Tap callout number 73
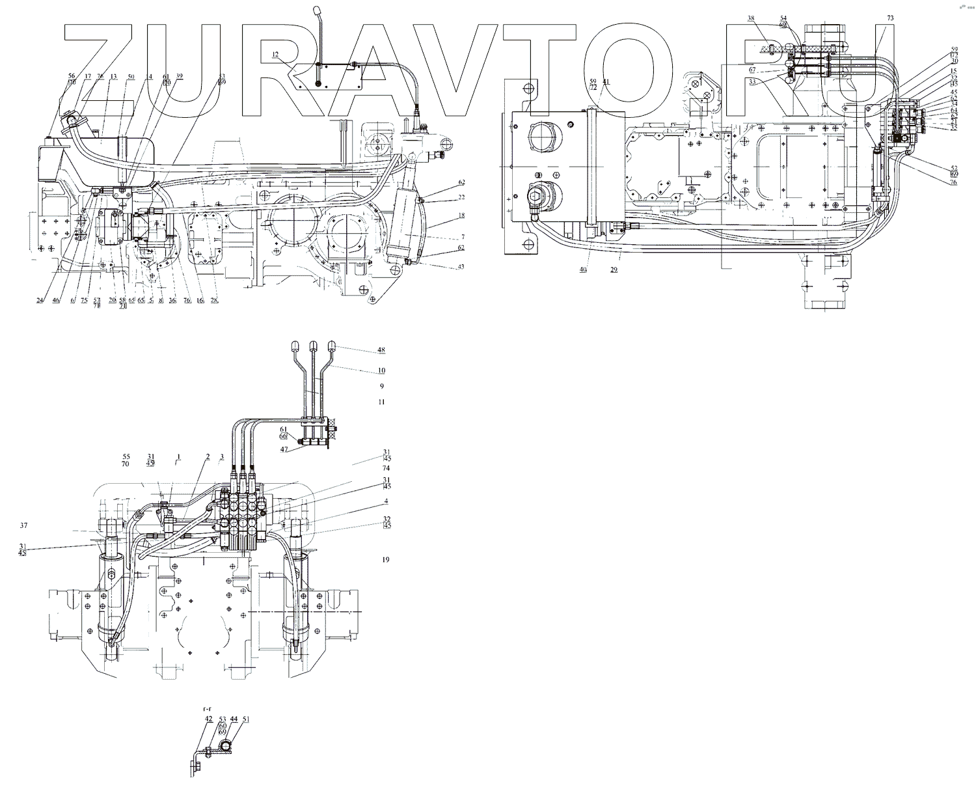click(x=890, y=18)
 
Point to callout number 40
click(x=583, y=270)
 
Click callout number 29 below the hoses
click(x=614, y=270)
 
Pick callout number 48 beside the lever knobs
click(x=381, y=350)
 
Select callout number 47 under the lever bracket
click(x=284, y=449)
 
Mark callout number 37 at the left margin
click(x=23, y=525)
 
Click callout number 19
click(x=385, y=559)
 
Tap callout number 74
click(x=386, y=468)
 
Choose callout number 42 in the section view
click(x=208, y=719)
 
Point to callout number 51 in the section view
click(x=245, y=719)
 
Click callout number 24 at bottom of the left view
click(x=40, y=300)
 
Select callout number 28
click(x=214, y=300)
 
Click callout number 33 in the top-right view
click(x=752, y=82)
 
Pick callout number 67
click(x=752, y=70)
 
